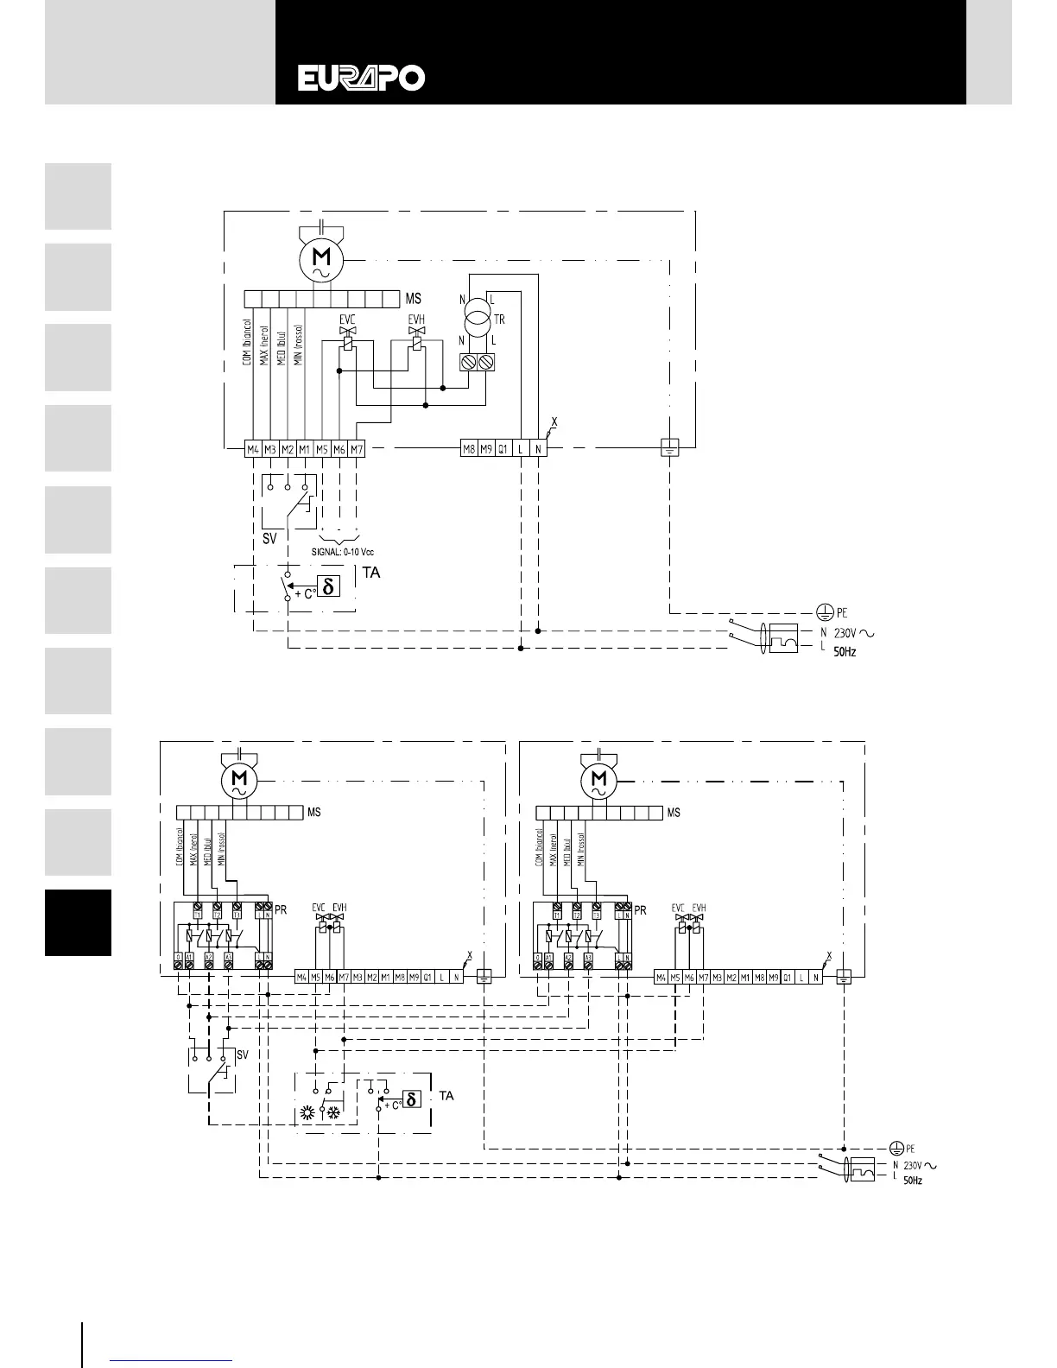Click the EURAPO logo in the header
pos(362,79)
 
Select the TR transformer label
pos(500,319)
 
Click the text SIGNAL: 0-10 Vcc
pos(343,551)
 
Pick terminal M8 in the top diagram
pos(469,449)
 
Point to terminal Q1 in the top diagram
pos(503,449)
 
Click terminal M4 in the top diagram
pos(253,449)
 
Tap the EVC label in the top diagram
pos(347,319)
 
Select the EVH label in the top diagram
pos(416,319)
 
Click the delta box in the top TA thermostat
pos(326,586)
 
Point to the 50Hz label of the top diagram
pos(845,652)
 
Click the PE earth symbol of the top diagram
pos(826,612)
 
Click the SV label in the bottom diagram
pos(243,1054)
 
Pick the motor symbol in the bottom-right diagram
pos(598,782)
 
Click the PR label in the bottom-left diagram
pos(281,909)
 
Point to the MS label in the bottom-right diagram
pos(674,812)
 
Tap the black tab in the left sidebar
pos(78,922)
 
